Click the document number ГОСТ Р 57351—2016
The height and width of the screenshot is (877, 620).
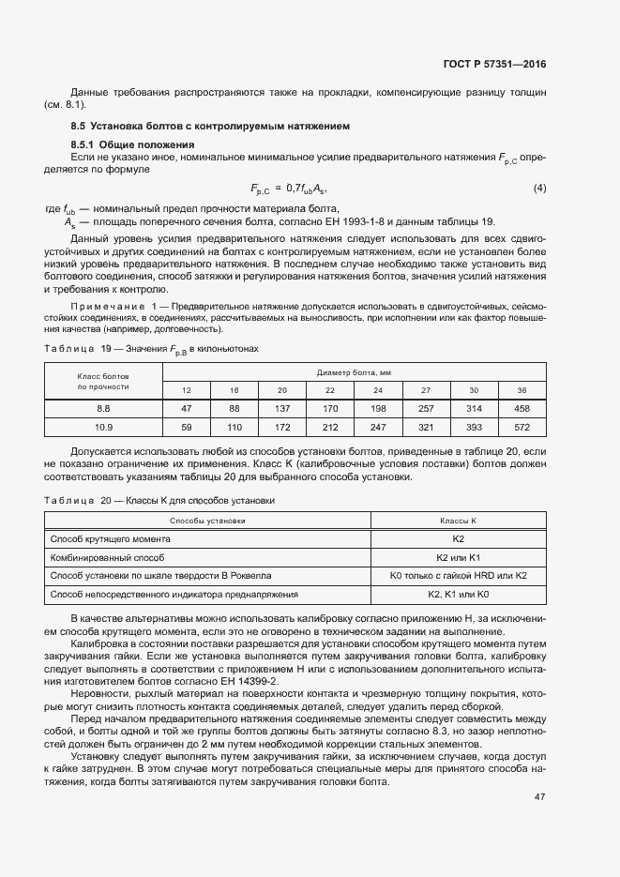(494, 65)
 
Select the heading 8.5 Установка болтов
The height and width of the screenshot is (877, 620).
(210, 125)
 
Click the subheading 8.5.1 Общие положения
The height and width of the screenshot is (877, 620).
(132, 144)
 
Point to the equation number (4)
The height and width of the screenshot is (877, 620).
(539, 188)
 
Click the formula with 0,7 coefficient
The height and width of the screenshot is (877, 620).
(291, 189)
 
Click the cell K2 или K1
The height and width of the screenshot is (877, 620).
(459, 557)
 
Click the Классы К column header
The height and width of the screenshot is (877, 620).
(459, 520)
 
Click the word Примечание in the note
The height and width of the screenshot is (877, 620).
(109, 307)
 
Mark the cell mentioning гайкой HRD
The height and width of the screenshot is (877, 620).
(459, 575)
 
